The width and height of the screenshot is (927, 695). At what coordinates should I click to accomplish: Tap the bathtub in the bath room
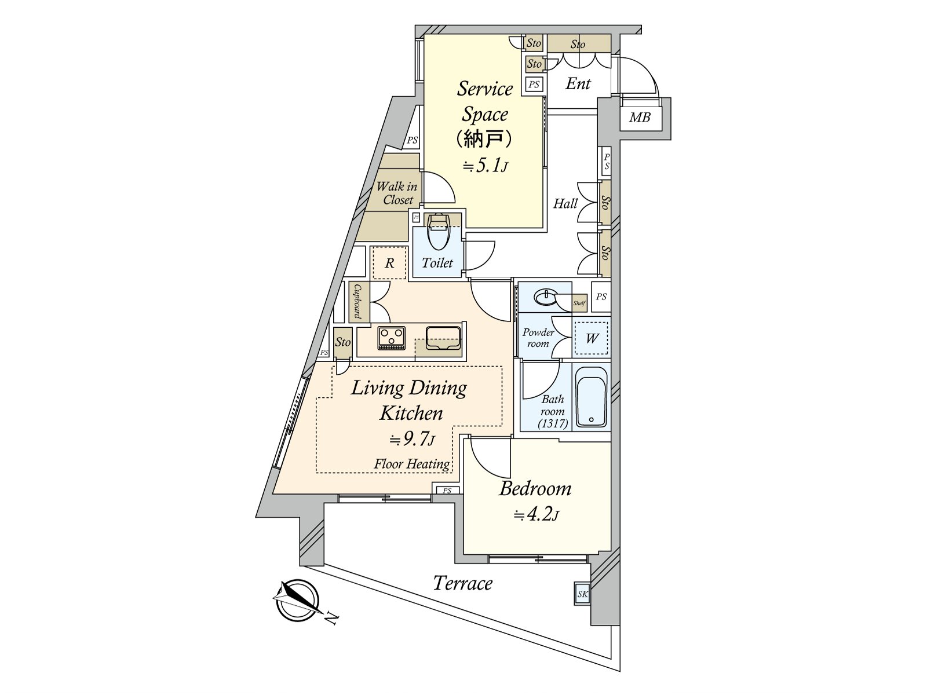click(591, 397)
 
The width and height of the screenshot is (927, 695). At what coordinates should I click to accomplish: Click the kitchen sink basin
click(443, 338)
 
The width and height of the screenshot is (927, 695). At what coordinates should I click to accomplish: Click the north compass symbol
click(296, 601)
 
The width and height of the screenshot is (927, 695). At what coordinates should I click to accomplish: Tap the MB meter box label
click(640, 118)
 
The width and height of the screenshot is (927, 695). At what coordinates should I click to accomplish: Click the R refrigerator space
click(389, 263)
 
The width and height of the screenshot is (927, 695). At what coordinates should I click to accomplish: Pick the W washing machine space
click(592, 338)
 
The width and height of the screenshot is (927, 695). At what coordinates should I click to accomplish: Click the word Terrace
click(462, 583)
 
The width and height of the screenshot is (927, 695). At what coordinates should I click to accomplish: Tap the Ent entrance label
click(578, 83)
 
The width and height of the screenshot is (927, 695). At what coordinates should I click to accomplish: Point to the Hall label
click(565, 204)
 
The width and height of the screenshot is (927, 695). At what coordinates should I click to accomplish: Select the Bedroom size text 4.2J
click(537, 515)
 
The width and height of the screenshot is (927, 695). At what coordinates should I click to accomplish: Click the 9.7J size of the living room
click(411, 440)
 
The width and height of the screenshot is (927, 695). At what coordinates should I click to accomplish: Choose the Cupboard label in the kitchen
click(358, 301)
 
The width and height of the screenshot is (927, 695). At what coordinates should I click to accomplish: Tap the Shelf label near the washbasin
click(579, 303)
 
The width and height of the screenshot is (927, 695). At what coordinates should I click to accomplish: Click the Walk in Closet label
click(397, 193)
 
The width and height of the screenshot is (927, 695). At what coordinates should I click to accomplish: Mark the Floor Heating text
click(411, 464)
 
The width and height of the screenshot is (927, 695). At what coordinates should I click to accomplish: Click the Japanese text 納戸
click(484, 138)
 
